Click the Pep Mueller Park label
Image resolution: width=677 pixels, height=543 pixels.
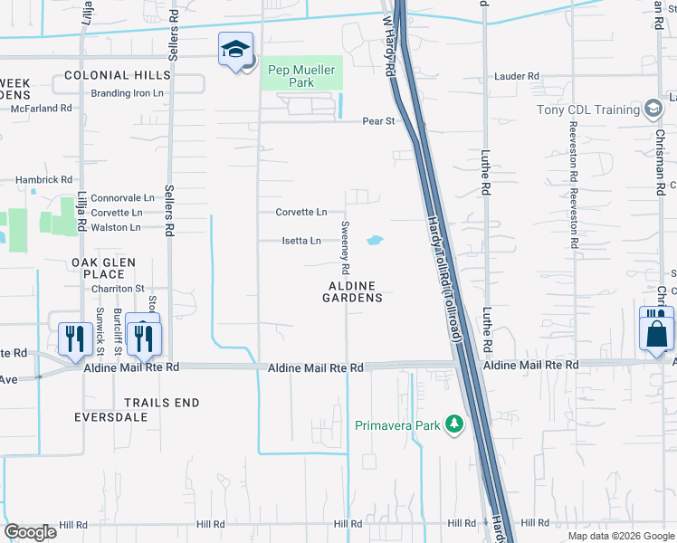301,76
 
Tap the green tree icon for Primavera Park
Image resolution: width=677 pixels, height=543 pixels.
455,424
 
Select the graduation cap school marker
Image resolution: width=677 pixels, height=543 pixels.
235,51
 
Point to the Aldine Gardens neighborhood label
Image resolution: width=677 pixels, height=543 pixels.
353,291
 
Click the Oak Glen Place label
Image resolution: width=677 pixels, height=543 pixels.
103,268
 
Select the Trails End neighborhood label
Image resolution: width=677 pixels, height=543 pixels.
161,402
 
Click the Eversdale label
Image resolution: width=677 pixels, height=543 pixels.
111,417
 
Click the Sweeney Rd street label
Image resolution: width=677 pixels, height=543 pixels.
345,246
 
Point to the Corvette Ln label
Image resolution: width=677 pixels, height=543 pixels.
301,212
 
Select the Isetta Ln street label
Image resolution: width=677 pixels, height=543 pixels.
301,241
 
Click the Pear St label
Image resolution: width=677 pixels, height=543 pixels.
379,120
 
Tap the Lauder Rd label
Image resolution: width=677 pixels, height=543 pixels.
517,77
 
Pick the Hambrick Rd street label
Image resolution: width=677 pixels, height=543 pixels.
42,180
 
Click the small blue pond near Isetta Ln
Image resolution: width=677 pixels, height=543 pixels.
374,241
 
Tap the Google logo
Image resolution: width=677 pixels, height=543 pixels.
30,532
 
